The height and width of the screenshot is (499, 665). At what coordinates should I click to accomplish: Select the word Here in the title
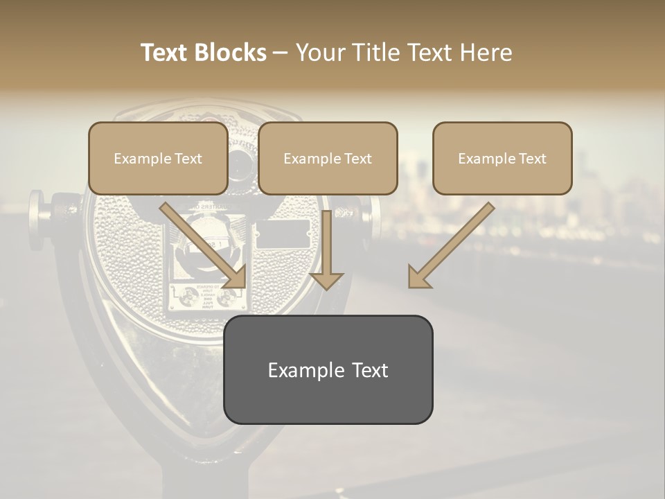484,53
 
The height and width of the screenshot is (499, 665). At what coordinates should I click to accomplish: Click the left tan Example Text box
158,159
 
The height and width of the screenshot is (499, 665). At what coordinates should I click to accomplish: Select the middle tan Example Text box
328,159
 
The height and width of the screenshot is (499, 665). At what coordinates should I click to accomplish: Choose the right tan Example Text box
502,159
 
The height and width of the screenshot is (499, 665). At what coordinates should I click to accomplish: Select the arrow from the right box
450,246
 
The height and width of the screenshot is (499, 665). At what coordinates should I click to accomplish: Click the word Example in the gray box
299,370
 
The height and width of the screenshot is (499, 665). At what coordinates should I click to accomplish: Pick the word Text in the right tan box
532,159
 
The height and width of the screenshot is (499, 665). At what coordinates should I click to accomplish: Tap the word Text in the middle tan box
357,159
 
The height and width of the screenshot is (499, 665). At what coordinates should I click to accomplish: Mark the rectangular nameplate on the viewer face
283,234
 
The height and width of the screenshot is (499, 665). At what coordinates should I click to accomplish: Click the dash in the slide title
281,53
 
